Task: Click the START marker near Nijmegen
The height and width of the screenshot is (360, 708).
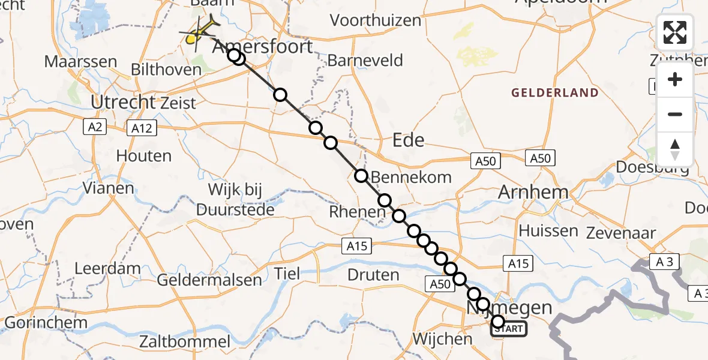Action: (x=511, y=329)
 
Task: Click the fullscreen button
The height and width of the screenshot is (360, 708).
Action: (x=675, y=32)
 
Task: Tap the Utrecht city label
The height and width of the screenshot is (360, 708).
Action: (x=123, y=102)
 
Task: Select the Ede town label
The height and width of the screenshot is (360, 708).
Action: (x=408, y=140)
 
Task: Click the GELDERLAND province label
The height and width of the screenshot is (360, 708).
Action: (x=555, y=92)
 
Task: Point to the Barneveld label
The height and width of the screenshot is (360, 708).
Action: (x=365, y=61)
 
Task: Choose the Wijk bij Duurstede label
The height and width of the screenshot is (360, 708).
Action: (x=235, y=200)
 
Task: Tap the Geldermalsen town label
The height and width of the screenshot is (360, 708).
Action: (x=209, y=280)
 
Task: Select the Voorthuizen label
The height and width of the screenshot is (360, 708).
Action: (x=376, y=20)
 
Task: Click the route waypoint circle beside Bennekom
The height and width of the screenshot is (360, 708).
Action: (x=361, y=176)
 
